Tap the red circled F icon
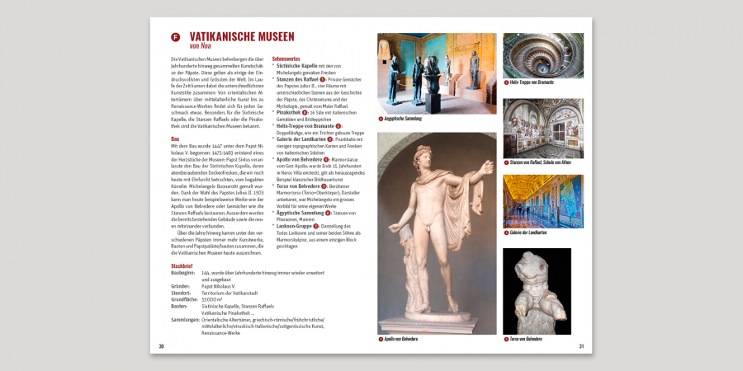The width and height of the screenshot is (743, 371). [x=175, y=37]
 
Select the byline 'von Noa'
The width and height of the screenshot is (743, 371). [x=201, y=46]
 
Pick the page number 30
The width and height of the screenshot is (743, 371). [x=161, y=346]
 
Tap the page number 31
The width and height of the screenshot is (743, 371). [x=581, y=346]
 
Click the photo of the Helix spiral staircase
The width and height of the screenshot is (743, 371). [x=542, y=55]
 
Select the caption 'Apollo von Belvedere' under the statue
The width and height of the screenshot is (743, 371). [x=401, y=339]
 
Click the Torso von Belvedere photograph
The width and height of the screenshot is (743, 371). [x=537, y=291]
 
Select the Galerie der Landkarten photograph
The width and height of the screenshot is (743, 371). [x=542, y=201]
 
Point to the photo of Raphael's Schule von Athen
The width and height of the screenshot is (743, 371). [x=542, y=128]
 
